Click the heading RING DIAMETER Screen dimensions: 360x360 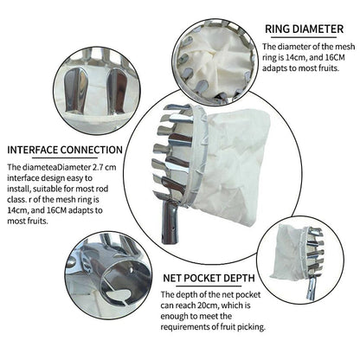click(304, 29)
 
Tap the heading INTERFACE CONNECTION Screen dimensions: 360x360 click(65, 150)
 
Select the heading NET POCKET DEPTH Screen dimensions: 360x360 click(209, 278)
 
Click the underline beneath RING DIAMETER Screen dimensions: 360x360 click(304, 37)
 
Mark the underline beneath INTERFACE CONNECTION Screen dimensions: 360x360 click(65, 157)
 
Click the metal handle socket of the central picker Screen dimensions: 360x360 click(170, 222)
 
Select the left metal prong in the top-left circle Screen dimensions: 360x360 click(75, 90)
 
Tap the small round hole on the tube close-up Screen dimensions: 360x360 click(132, 271)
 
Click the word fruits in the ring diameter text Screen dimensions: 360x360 click(328, 68)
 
